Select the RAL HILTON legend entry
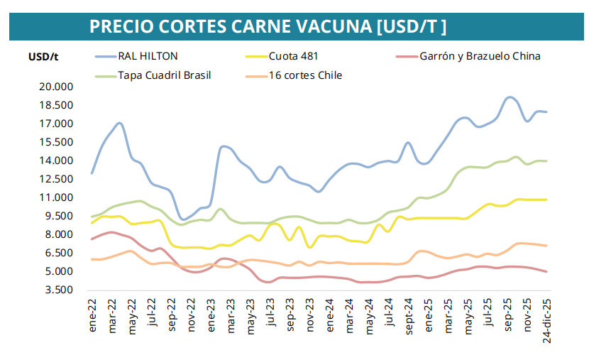coord(148,55)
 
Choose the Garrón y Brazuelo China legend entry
coord(480,55)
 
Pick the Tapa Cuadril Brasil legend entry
coord(165,75)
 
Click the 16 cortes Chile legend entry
coord(305,75)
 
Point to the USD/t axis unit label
coord(43,56)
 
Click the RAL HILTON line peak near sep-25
coord(510,97)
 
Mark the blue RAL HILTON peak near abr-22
coord(119,123)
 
